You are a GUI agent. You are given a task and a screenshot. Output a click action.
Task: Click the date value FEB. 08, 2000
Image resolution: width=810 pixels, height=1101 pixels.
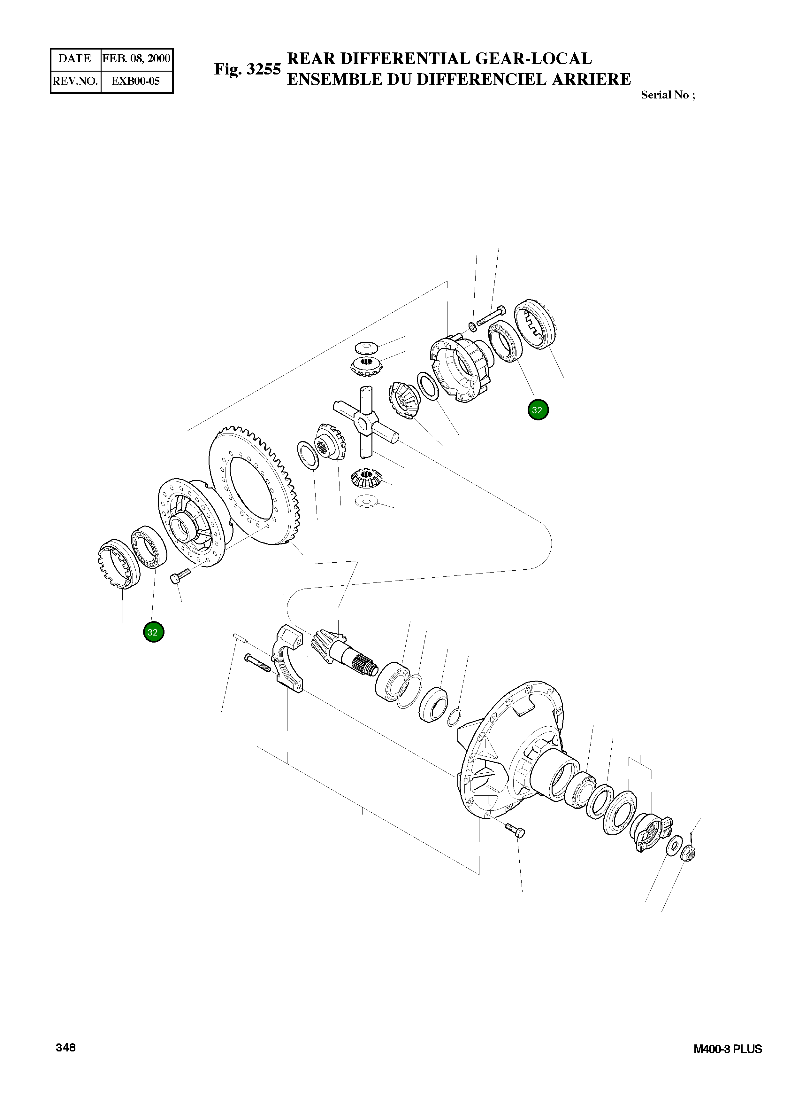136,59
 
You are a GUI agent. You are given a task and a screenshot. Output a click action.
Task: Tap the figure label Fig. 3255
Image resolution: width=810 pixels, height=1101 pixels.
247,69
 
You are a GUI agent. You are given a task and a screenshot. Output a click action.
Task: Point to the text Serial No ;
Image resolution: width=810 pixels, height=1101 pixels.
667,95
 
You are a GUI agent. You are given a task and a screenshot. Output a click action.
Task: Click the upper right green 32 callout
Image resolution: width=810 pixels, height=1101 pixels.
538,410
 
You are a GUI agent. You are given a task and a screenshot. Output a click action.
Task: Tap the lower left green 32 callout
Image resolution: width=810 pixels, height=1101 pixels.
153,632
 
